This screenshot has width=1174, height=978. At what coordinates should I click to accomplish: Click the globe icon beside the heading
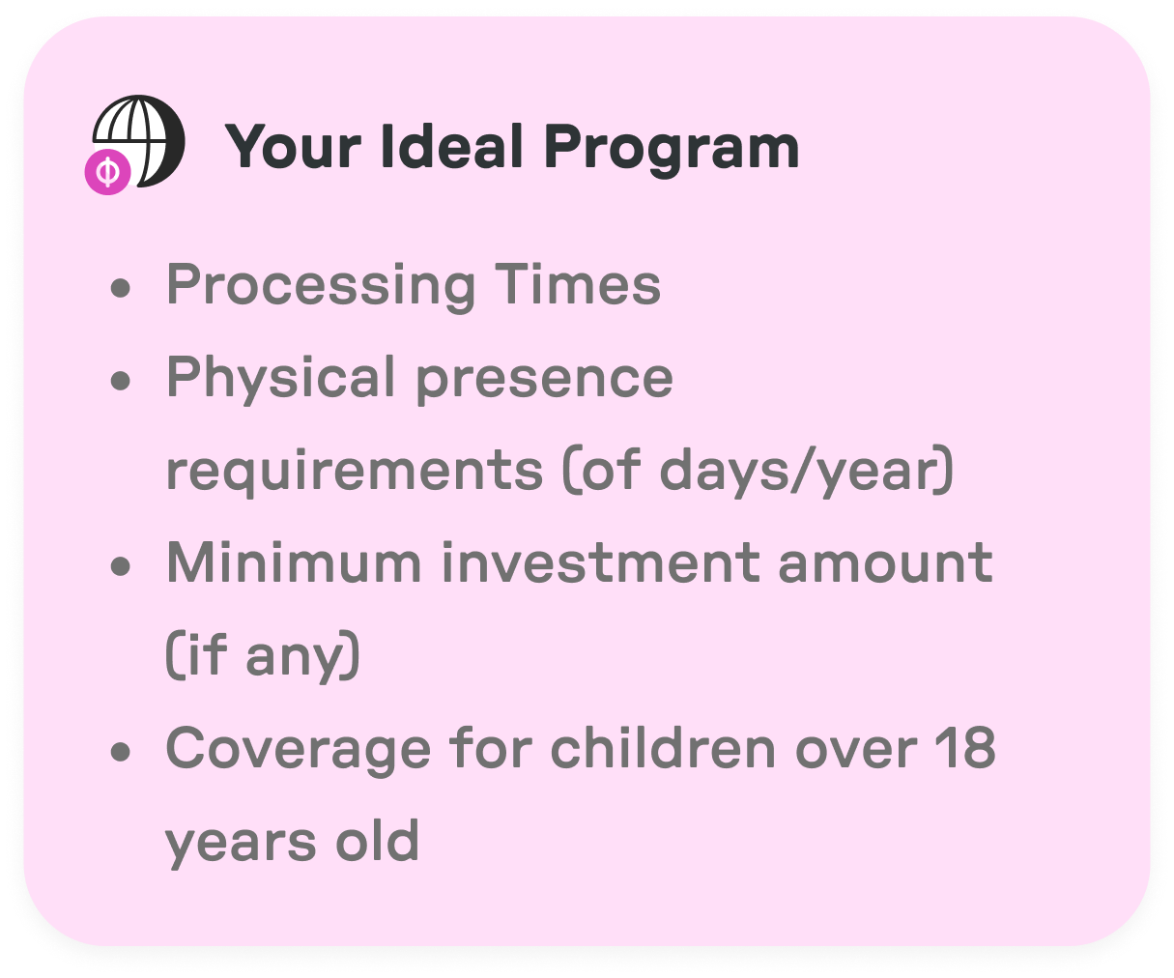pyautogui.click(x=141, y=140)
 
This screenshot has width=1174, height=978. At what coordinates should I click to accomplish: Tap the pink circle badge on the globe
pyautogui.click(x=108, y=172)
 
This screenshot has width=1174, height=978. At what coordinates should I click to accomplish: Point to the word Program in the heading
pyautogui.click(x=672, y=149)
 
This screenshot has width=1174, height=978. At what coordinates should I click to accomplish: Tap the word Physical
pyautogui.click(x=281, y=378)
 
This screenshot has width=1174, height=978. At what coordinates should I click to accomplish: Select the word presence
pyautogui.click(x=544, y=378)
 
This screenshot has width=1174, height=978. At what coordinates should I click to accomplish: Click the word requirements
pyautogui.click(x=355, y=471)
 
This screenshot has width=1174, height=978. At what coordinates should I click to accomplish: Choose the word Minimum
pyautogui.click(x=294, y=561)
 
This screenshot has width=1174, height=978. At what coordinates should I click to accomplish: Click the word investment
pyautogui.click(x=599, y=561)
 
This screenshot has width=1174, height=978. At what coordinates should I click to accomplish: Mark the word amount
pyautogui.click(x=885, y=561)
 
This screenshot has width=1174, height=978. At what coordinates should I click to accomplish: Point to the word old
pyautogui.click(x=377, y=841)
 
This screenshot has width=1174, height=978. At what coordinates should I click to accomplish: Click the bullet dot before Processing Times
pyautogui.click(x=120, y=288)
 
